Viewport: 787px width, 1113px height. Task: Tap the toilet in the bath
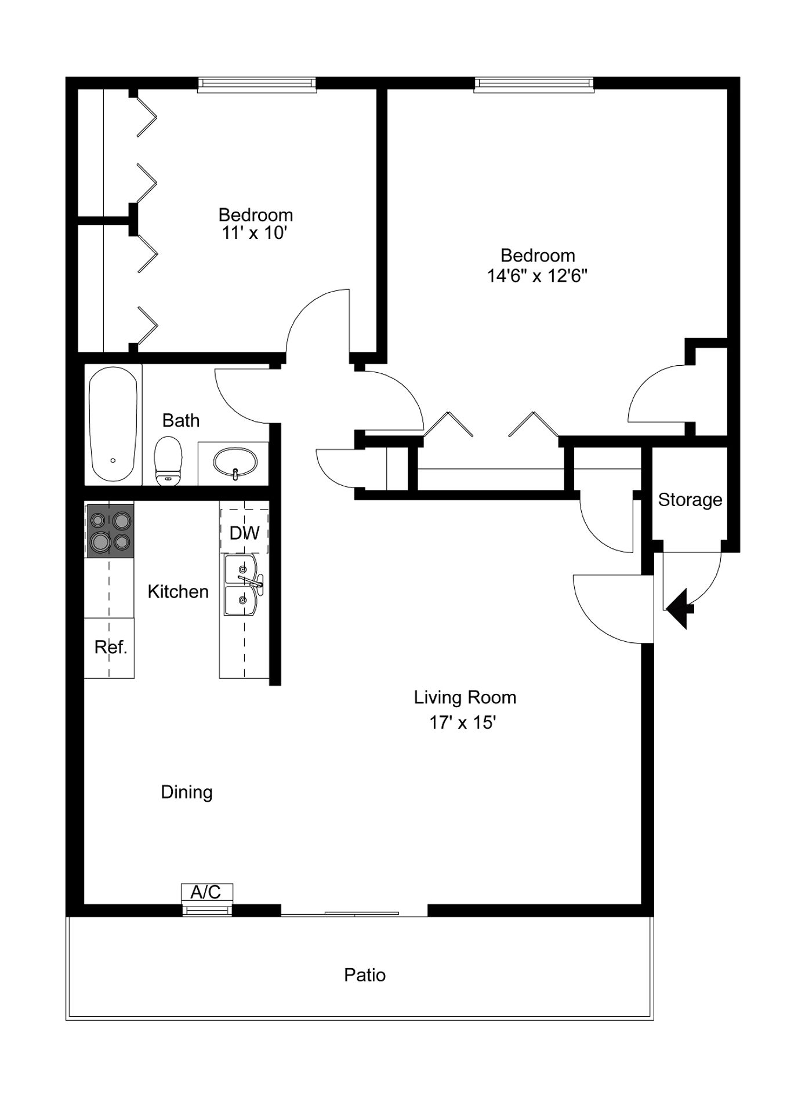tap(168, 461)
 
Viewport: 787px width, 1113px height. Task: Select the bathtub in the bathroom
tap(113, 424)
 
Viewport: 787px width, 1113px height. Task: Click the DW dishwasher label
tap(245, 533)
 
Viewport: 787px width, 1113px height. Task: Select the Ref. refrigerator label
tap(110, 647)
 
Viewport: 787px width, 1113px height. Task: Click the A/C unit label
tap(206, 892)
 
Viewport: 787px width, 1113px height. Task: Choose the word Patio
tap(365, 974)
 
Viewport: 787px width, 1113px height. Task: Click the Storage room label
tap(690, 500)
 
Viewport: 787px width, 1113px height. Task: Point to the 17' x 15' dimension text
tap(462, 722)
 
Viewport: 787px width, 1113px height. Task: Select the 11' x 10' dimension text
tap(255, 233)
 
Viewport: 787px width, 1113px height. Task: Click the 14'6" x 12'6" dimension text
tap(537, 275)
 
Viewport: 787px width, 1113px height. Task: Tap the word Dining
tap(187, 792)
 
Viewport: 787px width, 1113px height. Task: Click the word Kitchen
tap(178, 592)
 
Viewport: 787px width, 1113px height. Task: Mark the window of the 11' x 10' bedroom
tap(257, 85)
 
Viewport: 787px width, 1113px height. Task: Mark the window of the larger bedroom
tap(534, 85)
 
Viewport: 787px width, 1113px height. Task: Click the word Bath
tap(181, 420)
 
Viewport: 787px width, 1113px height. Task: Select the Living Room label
tap(465, 697)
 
